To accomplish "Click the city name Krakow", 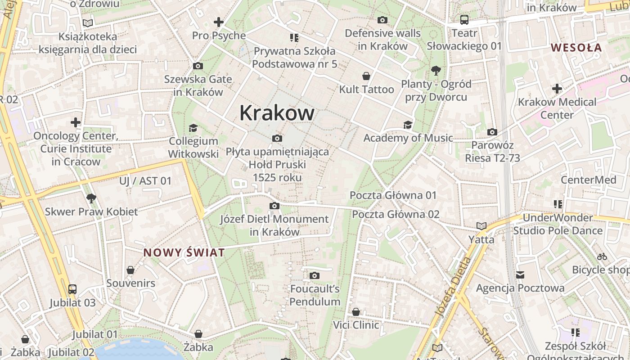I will pyautogui.click(x=277, y=112).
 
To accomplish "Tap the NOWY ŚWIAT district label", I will pyautogui.click(x=184, y=252).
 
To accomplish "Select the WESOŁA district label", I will pyautogui.click(x=576, y=47).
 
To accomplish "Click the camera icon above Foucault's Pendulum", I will pyautogui.click(x=315, y=275).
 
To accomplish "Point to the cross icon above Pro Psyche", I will pyautogui.click(x=219, y=22).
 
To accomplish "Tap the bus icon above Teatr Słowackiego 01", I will pyautogui.click(x=464, y=20).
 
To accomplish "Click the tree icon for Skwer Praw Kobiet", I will pyautogui.click(x=91, y=198).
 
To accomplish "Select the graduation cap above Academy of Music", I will pyautogui.click(x=408, y=125).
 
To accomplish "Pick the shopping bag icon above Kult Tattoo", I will pyautogui.click(x=367, y=76).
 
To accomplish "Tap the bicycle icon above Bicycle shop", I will pyautogui.click(x=602, y=257).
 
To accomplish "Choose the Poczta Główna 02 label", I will pyautogui.click(x=396, y=214).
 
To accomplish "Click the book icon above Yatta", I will pyautogui.click(x=481, y=226).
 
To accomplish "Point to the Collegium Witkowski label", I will pyautogui.click(x=193, y=148).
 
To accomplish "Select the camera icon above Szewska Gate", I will pyautogui.click(x=198, y=66).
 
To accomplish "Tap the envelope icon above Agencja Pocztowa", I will pyautogui.click(x=520, y=274).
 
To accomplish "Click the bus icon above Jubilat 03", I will pyautogui.click(x=72, y=289).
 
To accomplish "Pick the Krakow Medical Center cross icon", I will pyautogui.click(x=557, y=89).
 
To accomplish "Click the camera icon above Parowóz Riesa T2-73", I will pyautogui.click(x=492, y=132).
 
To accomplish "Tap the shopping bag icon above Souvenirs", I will pyautogui.click(x=130, y=270).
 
